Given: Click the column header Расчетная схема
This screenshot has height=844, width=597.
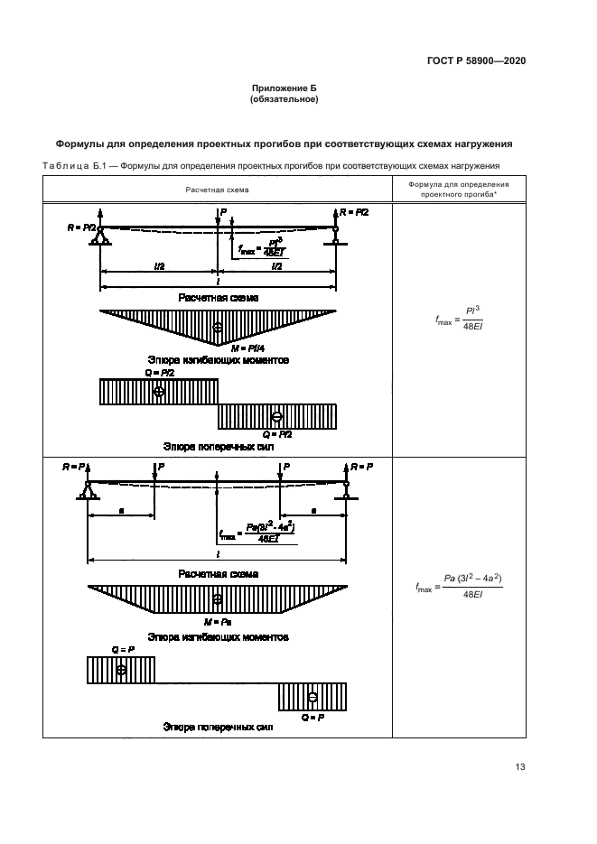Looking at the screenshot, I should click(x=218, y=190).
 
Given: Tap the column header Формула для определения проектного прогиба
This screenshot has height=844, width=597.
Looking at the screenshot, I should click(x=454, y=190).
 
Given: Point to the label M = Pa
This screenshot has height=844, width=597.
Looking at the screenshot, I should click(x=218, y=622).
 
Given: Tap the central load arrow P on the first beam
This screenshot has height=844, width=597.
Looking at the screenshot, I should click(x=218, y=217).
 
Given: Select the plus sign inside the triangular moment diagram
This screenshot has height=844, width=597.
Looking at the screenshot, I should click(x=218, y=327).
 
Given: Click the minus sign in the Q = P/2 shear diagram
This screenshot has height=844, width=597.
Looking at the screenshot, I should click(x=276, y=416).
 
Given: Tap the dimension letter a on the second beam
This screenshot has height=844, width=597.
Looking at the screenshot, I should click(x=121, y=511).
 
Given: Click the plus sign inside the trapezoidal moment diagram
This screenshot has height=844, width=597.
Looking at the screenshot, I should click(x=218, y=598).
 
